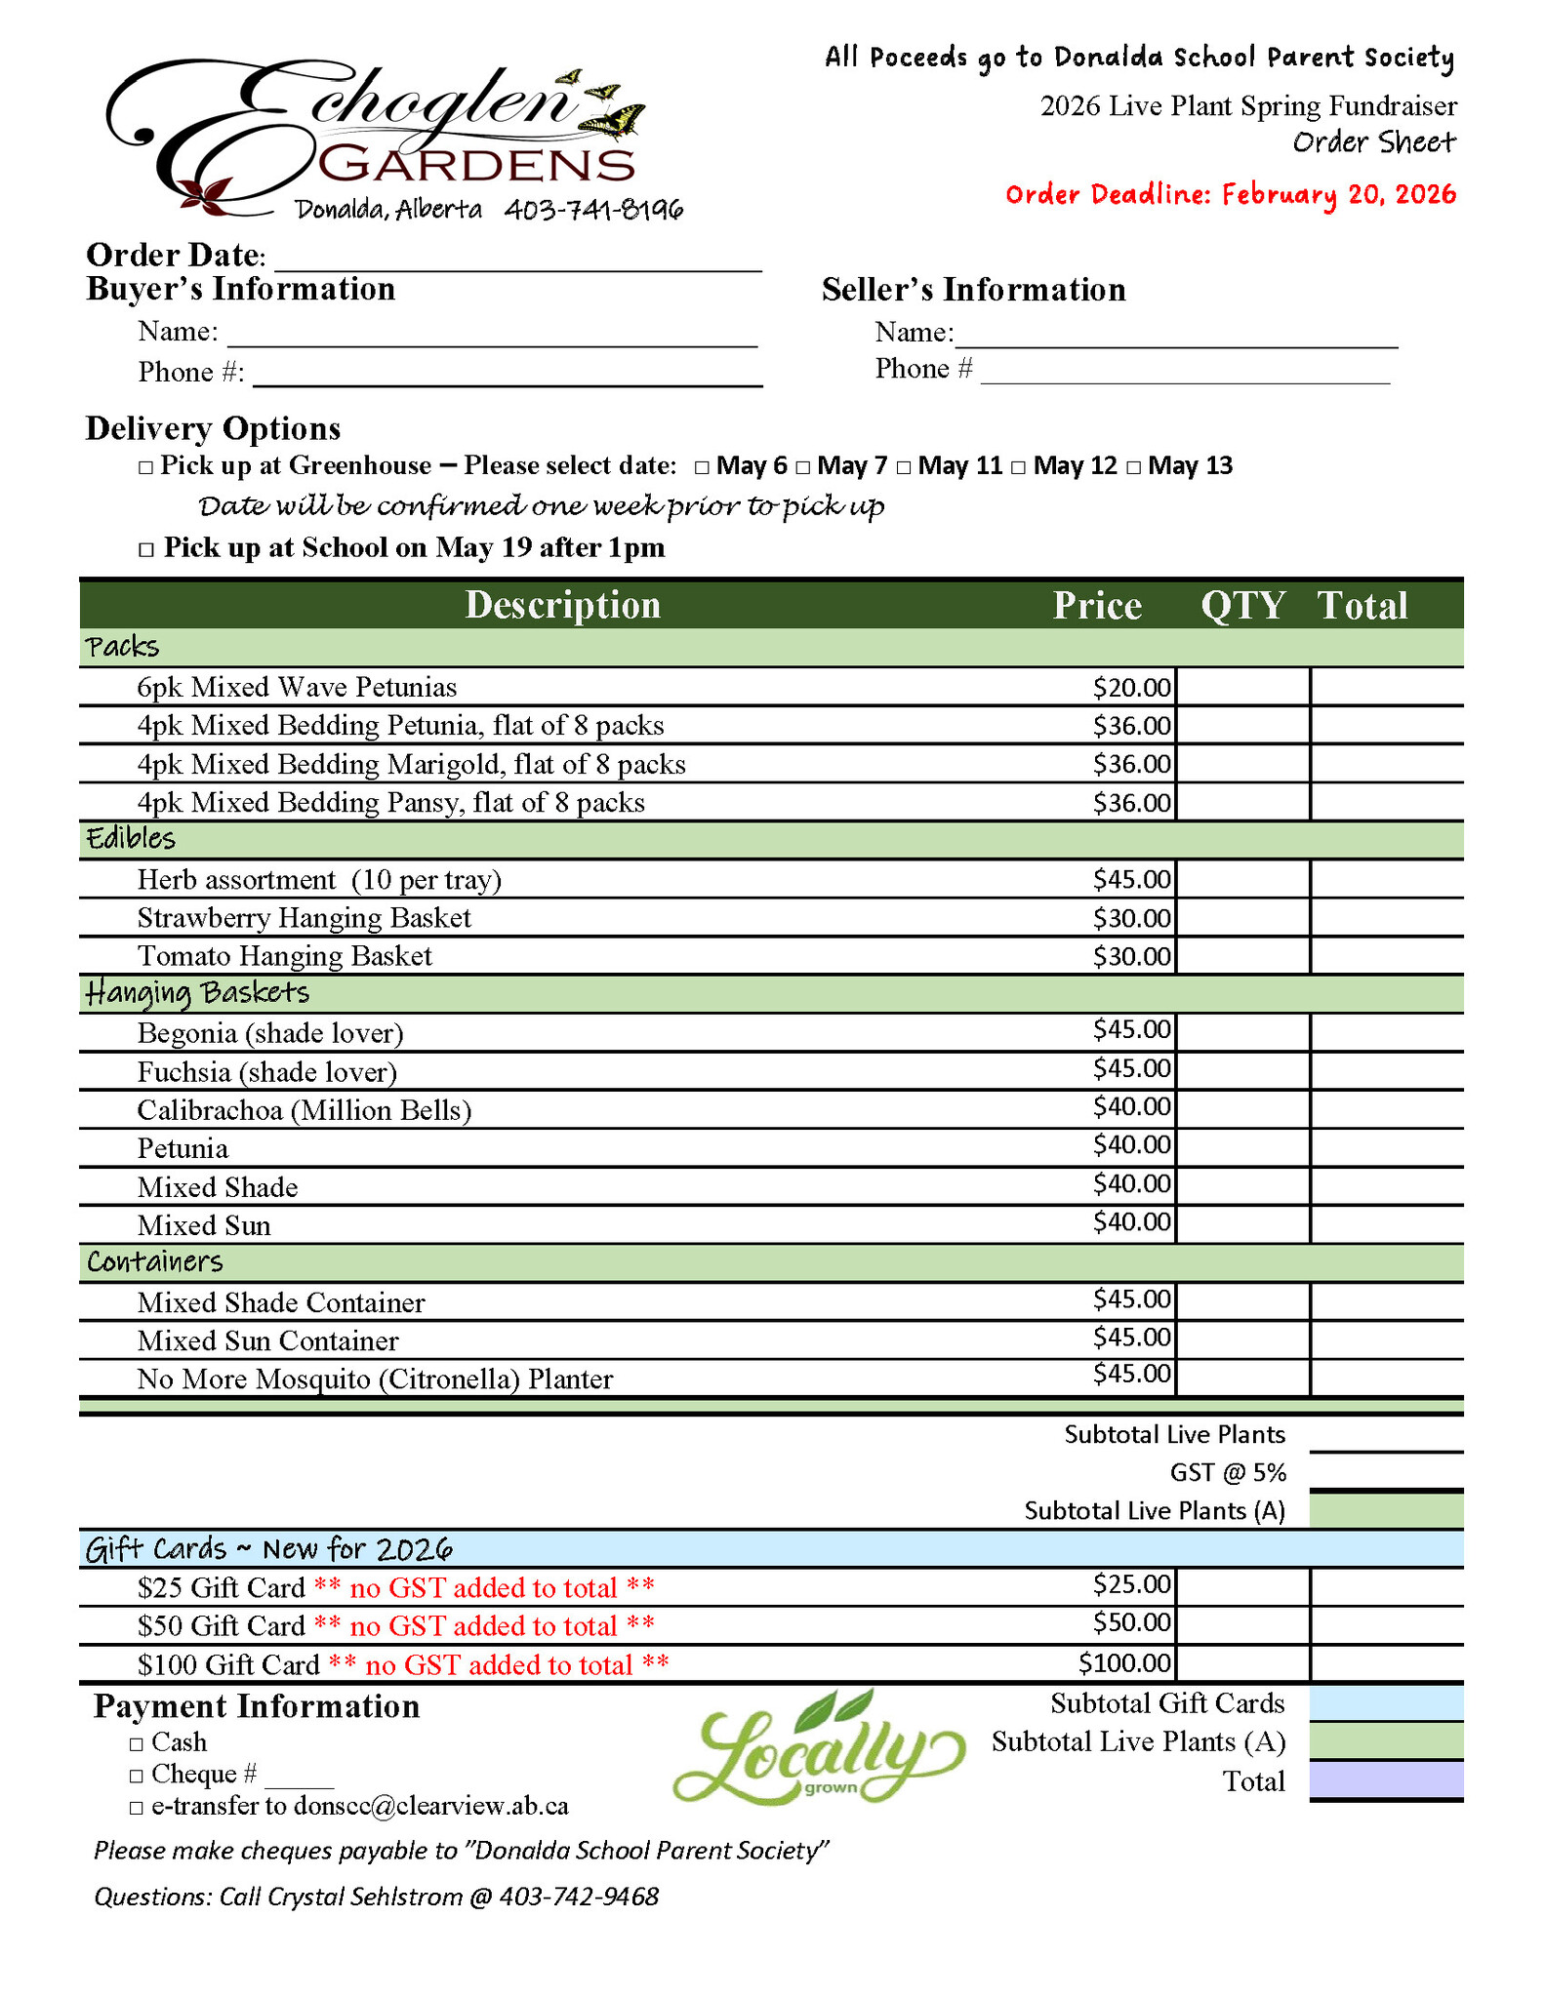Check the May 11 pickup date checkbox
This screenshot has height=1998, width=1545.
click(x=904, y=467)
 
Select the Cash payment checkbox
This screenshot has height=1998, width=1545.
click(x=137, y=1743)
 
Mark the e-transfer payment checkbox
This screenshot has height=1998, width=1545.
click(x=137, y=1808)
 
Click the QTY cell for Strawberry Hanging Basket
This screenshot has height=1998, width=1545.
click(x=1242, y=918)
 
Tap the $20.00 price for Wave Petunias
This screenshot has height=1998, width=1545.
click(x=1131, y=688)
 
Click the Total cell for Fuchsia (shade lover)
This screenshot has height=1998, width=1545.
click(x=1386, y=1071)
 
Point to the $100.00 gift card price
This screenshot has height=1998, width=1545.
click(x=1124, y=1662)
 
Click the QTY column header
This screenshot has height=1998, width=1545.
click(x=1242, y=606)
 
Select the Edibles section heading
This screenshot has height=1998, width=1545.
click(x=131, y=839)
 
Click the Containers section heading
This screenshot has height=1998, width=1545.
click(x=155, y=1262)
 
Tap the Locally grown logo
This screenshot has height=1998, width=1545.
click(x=818, y=1747)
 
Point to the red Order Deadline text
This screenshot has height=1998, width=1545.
click(x=1230, y=194)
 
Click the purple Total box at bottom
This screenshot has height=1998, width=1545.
click(x=1386, y=1780)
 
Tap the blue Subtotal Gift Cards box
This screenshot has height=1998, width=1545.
click(x=1386, y=1703)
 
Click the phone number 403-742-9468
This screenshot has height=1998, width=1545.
click(x=579, y=1897)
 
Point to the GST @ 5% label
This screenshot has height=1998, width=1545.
click(x=1227, y=1472)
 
